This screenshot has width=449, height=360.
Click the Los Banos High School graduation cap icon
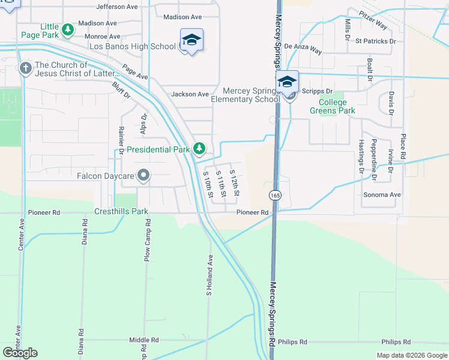[191, 40]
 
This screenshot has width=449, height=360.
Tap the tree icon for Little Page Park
[68, 29]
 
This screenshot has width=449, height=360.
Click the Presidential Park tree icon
[199, 148]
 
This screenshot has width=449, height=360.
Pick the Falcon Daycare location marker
[143, 175]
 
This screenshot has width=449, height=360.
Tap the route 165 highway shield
[275, 196]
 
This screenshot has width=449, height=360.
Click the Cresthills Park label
[121, 212]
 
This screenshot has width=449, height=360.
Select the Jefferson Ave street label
[118, 7]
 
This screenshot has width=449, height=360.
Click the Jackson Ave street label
[190, 94]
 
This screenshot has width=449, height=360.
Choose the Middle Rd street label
[143, 340]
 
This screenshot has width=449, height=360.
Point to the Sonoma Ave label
[382, 195]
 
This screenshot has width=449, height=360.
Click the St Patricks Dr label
[376, 41]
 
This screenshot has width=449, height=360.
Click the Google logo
[20, 353]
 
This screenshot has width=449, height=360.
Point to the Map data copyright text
[411, 355]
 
